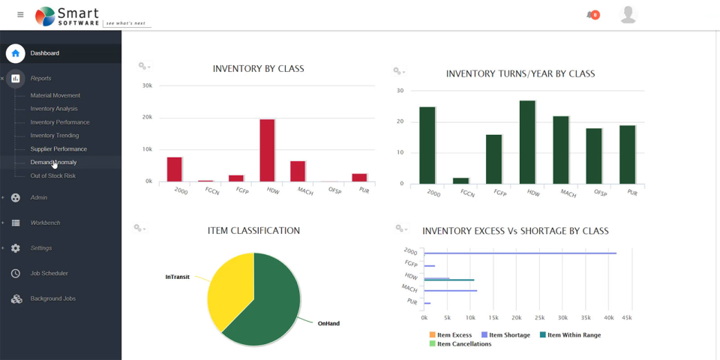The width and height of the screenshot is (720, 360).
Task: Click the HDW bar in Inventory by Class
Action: (267, 150)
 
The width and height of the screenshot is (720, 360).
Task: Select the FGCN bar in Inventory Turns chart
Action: (460, 180)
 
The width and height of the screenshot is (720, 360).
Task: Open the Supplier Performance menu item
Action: (58, 149)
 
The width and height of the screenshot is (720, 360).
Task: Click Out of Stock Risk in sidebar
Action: (52, 175)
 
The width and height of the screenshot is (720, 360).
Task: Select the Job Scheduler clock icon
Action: (16, 274)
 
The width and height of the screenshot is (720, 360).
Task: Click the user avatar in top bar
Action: (628, 15)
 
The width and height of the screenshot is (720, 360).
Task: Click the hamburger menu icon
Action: (20, 15)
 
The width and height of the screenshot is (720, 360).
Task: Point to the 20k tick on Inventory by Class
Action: (147, 118)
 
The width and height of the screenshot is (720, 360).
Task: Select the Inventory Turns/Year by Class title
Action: (520, 73)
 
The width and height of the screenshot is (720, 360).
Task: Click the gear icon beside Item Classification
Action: (139, 227)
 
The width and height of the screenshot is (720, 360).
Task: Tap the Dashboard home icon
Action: (16, 53)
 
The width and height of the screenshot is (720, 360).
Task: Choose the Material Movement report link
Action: (55, 95)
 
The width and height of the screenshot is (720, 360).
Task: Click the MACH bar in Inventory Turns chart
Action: (561, 149)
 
